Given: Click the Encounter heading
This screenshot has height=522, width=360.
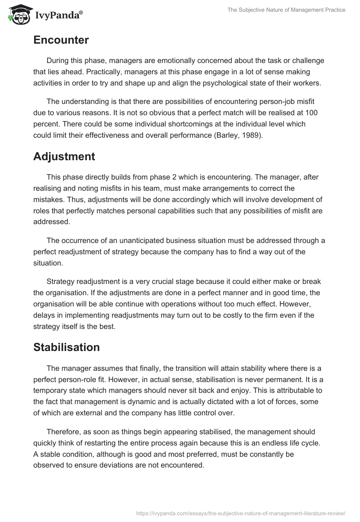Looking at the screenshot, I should tap(61, 40).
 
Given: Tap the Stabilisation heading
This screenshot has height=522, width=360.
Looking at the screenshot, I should tap(67, 347).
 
